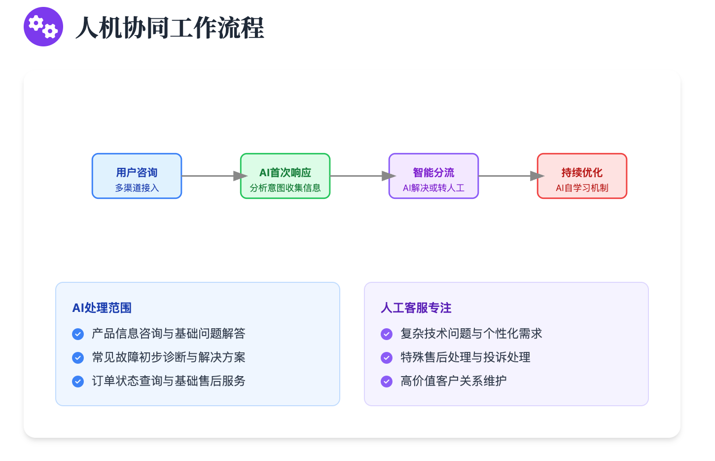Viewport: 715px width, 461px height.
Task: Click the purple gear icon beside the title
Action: pos(43,27)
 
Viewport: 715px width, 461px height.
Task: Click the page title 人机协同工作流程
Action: pos(170,28)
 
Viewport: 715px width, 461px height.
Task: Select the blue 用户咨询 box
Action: pos(137,176)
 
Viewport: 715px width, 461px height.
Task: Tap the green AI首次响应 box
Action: pos(286,176)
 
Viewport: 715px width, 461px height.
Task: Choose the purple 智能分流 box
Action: pos(434,176)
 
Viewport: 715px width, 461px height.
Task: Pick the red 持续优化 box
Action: pos(582,176)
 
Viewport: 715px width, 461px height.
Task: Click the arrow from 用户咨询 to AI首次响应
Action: pos(214,176)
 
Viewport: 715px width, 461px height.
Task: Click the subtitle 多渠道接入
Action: pos(137,188)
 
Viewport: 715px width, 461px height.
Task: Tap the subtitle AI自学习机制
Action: pos(582,188)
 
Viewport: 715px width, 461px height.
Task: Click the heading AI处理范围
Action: pos(102,308)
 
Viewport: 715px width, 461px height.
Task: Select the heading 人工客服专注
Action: pos(416,308)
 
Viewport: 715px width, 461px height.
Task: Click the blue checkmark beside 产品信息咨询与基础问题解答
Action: pos(78,334)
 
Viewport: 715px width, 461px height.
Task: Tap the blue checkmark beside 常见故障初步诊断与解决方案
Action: pos(78,358)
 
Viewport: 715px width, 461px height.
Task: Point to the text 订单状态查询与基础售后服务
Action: pos(169,381)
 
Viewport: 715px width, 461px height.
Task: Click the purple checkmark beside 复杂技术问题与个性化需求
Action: pos(387,334)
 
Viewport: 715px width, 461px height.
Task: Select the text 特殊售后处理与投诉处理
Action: pos(465,357)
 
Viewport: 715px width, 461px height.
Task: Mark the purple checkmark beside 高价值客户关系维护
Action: pos(387,382)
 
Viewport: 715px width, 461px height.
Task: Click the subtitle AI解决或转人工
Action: pos(434,188)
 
